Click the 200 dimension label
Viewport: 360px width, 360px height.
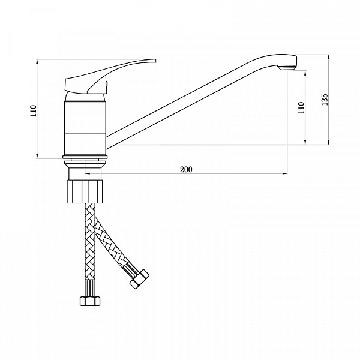(x=186, y=169)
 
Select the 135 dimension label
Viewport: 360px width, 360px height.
(x=325, y=100)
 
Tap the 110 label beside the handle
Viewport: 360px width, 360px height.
(x=34, y=110)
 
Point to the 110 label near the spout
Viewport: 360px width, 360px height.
(x=301, y=107)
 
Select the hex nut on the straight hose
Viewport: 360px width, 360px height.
(x=90, y=301)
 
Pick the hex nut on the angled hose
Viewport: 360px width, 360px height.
(x=139, y=279)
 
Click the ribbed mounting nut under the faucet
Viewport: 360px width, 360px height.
(x=85, y=191)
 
